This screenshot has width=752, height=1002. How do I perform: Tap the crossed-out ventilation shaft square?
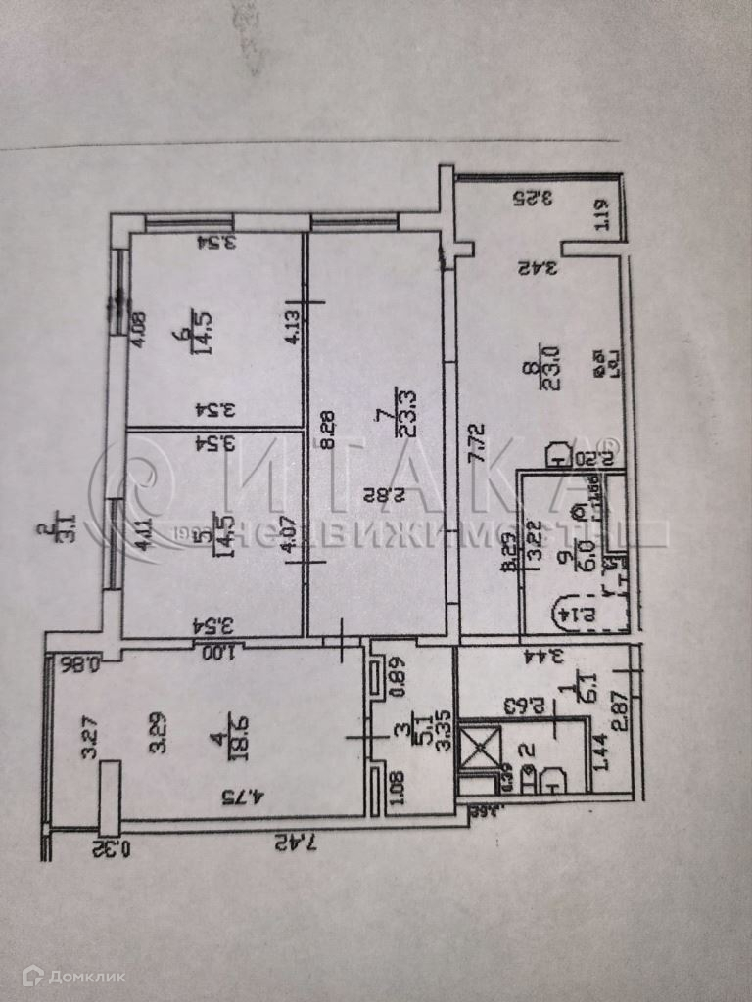[482, 745]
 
